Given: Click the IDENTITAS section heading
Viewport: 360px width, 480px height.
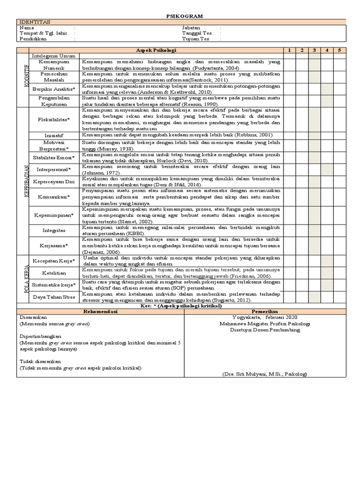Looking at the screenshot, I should point(34,22).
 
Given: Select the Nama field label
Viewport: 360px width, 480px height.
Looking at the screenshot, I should point(27,28).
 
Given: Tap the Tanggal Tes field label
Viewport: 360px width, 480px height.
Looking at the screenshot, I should point(196,33).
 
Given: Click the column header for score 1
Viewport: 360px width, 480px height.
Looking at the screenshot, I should point(290,50).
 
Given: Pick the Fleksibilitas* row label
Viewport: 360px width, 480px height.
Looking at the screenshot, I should point(53,120).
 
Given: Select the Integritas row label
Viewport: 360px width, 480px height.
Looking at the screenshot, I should point(53,231).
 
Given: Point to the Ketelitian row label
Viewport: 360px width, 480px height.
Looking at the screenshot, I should point(53,273).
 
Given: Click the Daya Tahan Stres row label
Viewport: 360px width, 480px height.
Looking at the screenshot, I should point(53,297).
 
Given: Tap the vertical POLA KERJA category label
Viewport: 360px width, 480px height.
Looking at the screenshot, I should point(21,278).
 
